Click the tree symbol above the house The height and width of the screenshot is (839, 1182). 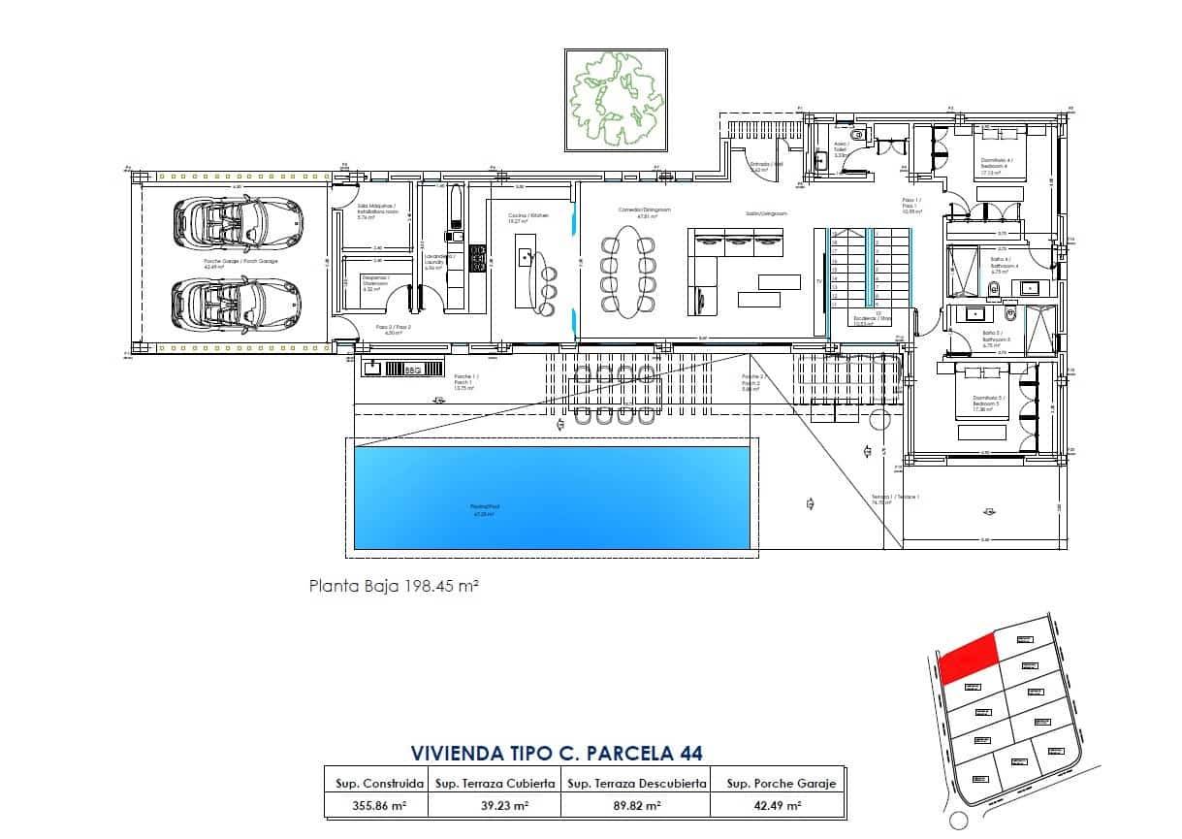coord(618,100)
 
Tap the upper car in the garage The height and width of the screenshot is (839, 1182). coord(236,223)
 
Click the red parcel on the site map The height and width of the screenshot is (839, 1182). coord(969,655)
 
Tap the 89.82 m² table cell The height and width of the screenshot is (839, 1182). coord(635,805)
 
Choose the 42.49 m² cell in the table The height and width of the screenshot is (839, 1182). coord(774,805)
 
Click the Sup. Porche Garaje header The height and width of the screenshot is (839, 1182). coord(774,782)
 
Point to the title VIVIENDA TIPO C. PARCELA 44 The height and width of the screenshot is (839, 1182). coord(556,753)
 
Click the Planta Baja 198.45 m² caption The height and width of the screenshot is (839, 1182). coord(395,586)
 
